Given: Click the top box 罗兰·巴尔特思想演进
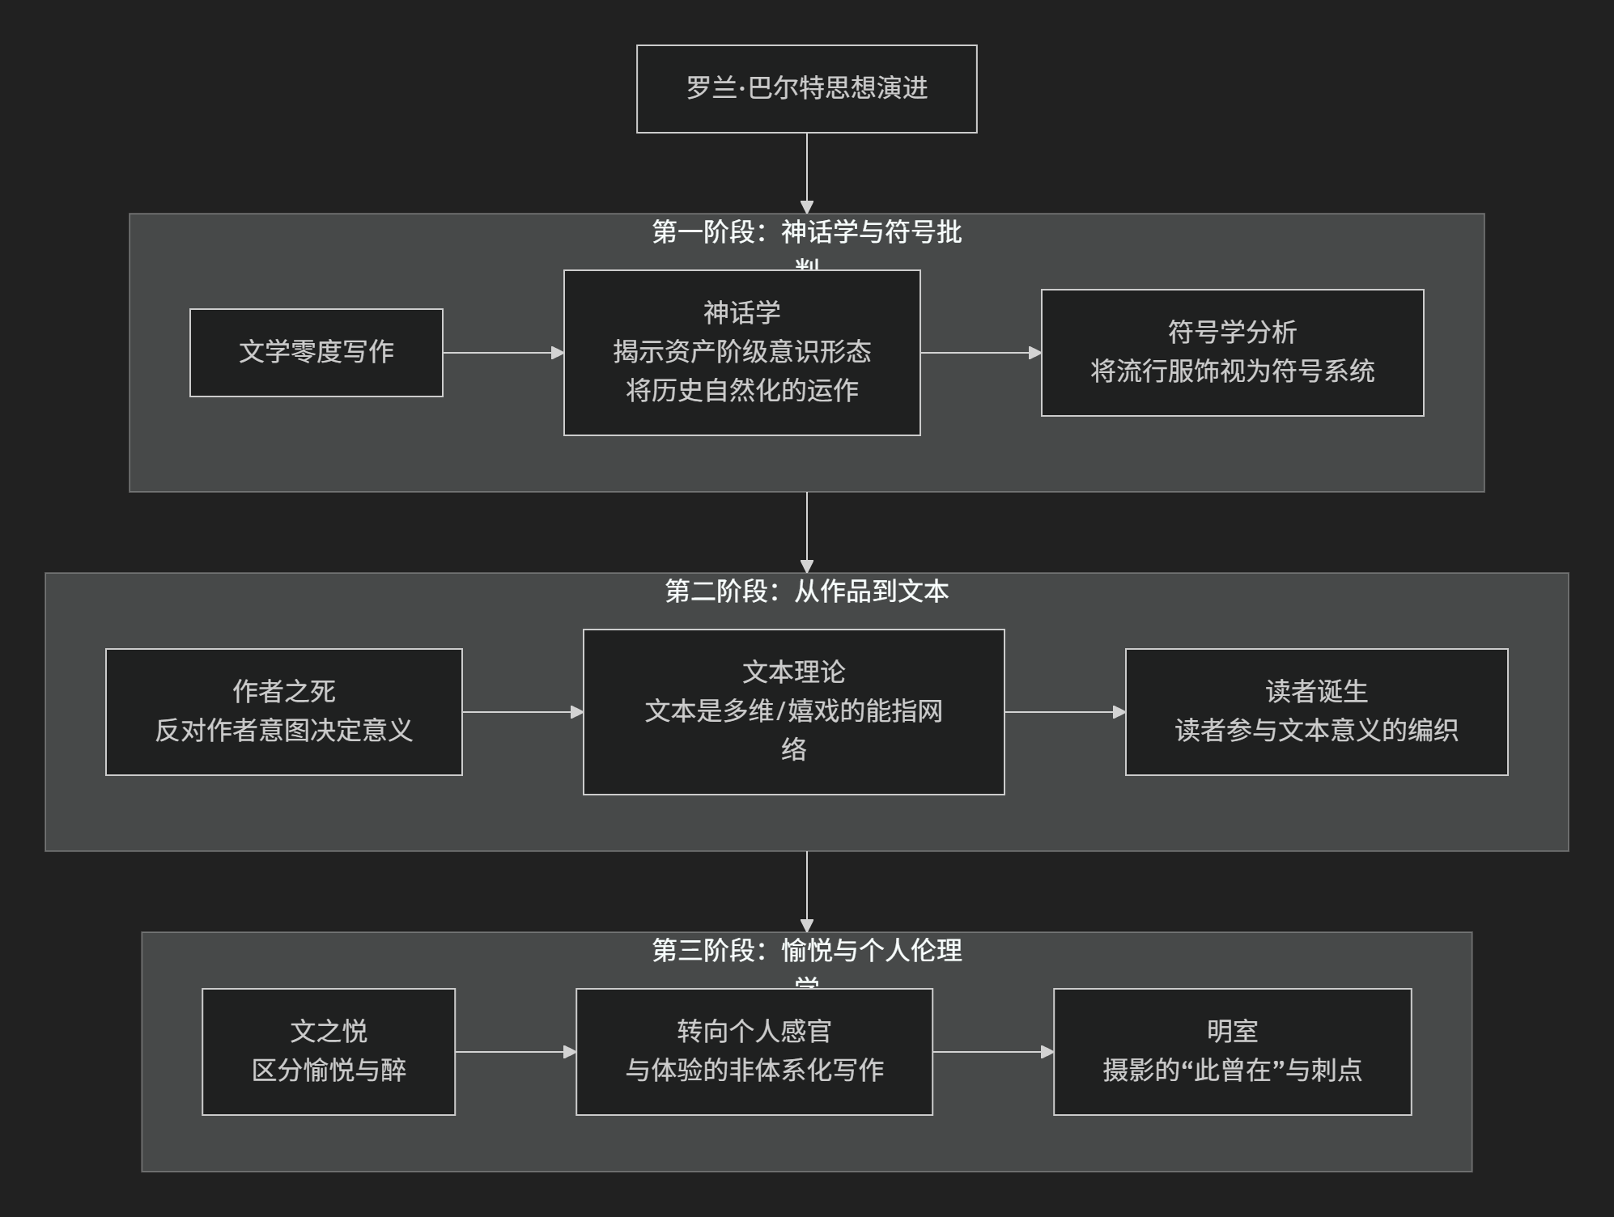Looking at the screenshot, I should [x=806, y=89].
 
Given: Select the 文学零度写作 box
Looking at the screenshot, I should [x=316, y=353].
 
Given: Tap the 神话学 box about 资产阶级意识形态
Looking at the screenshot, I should [x=741, y=353].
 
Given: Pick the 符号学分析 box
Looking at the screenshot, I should [x=1232, y=353].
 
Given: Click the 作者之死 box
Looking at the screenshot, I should [x=283, y=712].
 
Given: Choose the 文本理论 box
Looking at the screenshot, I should [x=793, y=712].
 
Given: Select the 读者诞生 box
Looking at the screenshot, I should [x=1316, y=712].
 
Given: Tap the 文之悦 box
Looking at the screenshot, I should [x=329, y=1052].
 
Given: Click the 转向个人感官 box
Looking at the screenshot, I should [x=754, y=1052].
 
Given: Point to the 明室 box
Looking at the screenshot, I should [x=1232, y=1052].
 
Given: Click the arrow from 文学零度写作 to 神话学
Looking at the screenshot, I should [x=503, y=353].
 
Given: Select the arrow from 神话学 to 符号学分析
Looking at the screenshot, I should [x=980, y=353].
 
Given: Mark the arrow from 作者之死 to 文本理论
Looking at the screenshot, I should [x=522, y=712].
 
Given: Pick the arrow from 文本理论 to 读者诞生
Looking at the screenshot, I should [x=1064, y=712].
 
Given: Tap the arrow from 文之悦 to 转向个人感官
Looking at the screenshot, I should [x=515, y=1052].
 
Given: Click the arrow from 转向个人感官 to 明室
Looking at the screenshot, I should [x=992, y=1052].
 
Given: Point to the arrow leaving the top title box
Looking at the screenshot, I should [x=806, y=173].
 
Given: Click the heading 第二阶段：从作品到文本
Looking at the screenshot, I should [x=806, y=592].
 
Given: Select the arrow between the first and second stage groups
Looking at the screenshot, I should [x=806, y=532].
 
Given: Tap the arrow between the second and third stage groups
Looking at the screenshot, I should [x=806, y=892].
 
